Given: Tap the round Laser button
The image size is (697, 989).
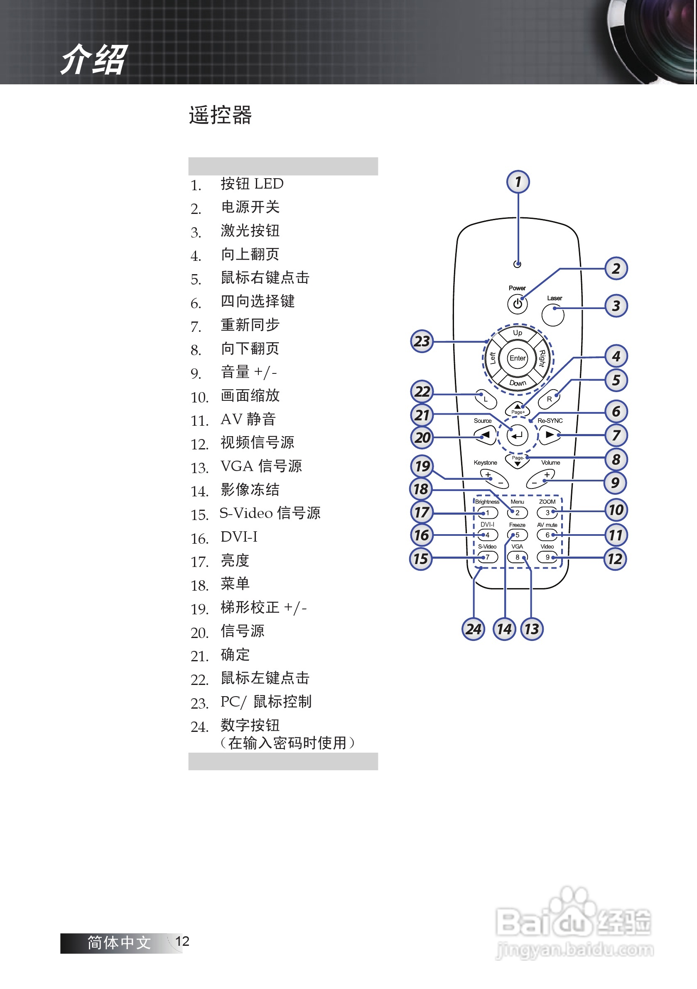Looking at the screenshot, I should pyautogui.click(x=553, y=315).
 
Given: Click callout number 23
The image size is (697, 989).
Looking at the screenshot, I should pyautogui.click(x=422, y=341).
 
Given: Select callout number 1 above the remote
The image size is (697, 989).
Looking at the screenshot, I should pyautogui.click(x=518, y=182).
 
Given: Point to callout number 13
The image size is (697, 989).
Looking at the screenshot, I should pyautogui.click(x=532, y=629).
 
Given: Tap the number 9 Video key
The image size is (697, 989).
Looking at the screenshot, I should pyautogui.click(x=547, y=557).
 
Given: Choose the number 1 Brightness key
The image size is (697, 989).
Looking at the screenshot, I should pyautogui.click(x=488, y=513).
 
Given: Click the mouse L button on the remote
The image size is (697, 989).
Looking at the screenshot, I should pyautogui.click(x=486, y=399).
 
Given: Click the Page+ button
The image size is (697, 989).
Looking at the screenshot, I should pyautogui.click(x=518, y=409).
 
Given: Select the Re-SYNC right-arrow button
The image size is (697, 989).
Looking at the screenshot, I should pyautogui.click(x=549, y=435).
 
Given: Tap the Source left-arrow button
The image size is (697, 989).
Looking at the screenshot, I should pyautogui.click(x=485, y=435).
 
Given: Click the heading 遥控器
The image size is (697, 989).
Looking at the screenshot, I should pyautogui.click(x=220, y=115).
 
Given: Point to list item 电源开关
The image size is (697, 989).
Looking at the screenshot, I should pyautogui.click(x=250, y=207).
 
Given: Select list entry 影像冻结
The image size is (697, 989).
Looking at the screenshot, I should pyautogui.click(x=250, y=490).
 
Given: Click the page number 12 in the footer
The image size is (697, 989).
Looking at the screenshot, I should pyautogui.click(x=182, y=941).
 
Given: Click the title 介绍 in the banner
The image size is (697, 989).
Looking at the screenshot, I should pyautogui.click(x=93, y=59).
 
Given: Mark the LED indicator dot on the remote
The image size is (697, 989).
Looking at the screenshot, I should pyautogui.click(x=518, y=264).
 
